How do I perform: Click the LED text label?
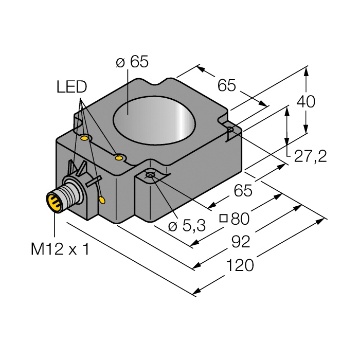coord(71,87)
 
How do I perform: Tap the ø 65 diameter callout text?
coord(132,62)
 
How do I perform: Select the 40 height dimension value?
coord(307,102)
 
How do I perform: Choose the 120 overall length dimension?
coord(241,265)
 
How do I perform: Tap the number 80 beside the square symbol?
coord(240,219)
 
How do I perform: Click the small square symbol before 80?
coord(224,218)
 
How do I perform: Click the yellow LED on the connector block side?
coord(102,200)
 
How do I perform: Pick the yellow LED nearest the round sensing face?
coord(119,157)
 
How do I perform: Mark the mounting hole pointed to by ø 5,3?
coord(150,176)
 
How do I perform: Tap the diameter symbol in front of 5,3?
coord(173,226)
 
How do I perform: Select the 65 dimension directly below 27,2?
coord(243,191)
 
